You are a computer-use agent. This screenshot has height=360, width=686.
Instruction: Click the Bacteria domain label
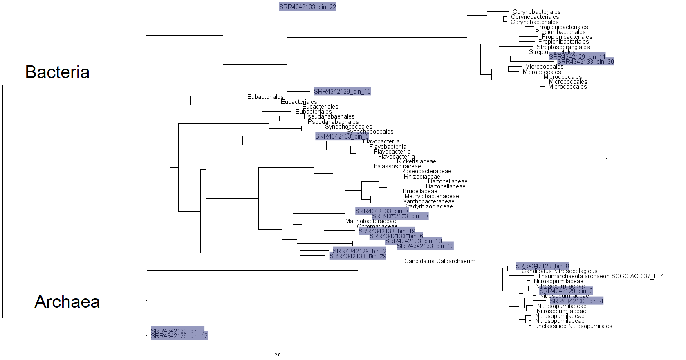(x=57, y=72)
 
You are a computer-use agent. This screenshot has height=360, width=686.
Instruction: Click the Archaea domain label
(x=67, y=302)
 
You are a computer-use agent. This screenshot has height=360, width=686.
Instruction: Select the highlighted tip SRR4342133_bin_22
(x=307, y=7)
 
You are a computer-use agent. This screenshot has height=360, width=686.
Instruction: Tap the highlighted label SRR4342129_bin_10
(x=342, y=91)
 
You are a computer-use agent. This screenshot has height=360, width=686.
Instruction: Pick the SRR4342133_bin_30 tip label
(x=585, y=62)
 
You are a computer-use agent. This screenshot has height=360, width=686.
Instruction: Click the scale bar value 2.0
(x=278, y=355)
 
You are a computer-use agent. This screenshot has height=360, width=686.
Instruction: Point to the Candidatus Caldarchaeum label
(x=439, y=261)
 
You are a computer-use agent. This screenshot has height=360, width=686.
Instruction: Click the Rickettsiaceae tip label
(x=416, y=161)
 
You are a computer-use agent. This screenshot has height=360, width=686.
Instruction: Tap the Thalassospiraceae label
(x=395, y=166)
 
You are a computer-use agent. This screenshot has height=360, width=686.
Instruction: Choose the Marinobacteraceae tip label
(x=370, y=221)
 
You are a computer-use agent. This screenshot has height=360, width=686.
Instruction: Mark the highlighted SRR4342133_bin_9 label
(x=177, y=331)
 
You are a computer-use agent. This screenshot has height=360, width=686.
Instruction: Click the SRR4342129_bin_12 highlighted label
(x=179, y=336)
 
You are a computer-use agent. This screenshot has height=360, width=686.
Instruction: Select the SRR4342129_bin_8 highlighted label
(x=542, y=266)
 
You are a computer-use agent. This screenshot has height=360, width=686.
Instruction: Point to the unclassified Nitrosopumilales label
(x=574, y=326)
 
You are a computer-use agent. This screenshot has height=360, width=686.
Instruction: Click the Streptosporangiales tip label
(x=563, y=47)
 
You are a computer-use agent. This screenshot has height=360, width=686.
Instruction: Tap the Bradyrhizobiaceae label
(x=428, y=206)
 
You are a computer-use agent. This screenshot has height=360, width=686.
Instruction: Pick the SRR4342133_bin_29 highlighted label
(x=358, y=256)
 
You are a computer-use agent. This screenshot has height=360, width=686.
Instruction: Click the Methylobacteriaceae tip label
(x=432, y=196)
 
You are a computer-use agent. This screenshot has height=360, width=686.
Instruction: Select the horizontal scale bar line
(x=278, y=350)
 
